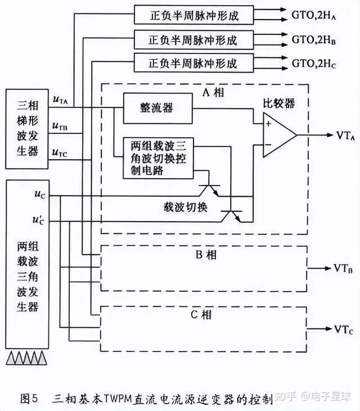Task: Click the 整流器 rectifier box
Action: pos(157,107)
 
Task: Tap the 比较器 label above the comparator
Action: pos(279,103)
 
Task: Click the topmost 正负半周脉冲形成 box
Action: pos(193,15)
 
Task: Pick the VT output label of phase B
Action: pos(344,268)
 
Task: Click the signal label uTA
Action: pos(60,100)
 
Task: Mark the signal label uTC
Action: pos(60,152)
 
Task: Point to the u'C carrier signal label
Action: pos(39,219)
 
